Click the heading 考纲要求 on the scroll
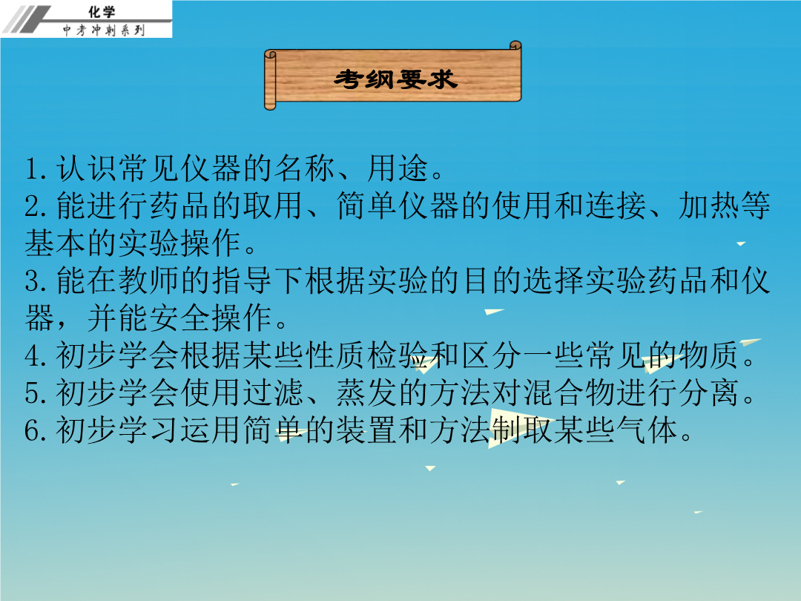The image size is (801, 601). pos(395,79)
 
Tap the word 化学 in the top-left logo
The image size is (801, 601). pos(102,11)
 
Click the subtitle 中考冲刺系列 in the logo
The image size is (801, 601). pos(104,30)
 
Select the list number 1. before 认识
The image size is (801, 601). pos(36,168)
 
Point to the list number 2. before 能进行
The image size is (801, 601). pos(36,206)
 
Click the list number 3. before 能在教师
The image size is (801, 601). pos(36,280)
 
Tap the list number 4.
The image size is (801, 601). pos(36,355)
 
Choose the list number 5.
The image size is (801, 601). pos(36,393)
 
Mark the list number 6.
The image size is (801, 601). pos(36,430)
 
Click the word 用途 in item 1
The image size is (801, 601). pos(398,168)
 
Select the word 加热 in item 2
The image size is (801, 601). pos(709,206)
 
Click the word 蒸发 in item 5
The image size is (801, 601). pos(367,393)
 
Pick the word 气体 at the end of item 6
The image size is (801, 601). pos(647,430)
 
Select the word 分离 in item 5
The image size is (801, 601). pos(709,393)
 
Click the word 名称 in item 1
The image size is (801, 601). pos(305,168)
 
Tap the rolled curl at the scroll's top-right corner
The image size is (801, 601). pos(515,46)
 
